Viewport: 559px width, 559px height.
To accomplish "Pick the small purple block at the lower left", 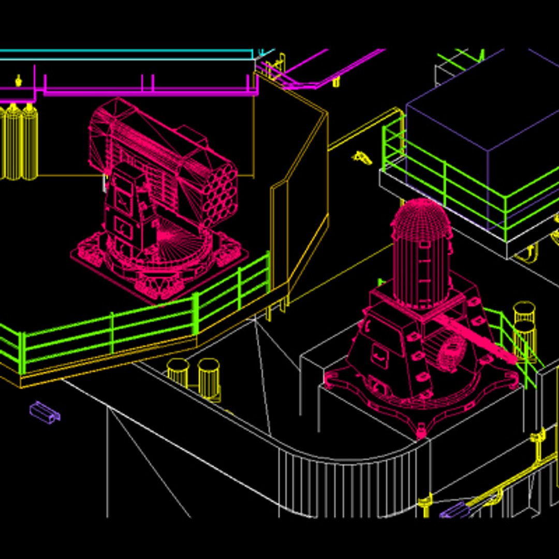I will click(45, 411).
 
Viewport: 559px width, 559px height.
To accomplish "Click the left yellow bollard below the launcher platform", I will click(178, 372).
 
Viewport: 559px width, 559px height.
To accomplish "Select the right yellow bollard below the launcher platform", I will click(209, 377).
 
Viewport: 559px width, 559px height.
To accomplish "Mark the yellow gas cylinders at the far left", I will click(18, 142).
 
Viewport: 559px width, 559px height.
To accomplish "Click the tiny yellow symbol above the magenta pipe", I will click(19, 80).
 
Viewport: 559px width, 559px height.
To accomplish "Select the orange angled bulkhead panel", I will click(300, 207).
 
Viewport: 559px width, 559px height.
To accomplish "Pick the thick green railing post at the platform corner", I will click(196, 314).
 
